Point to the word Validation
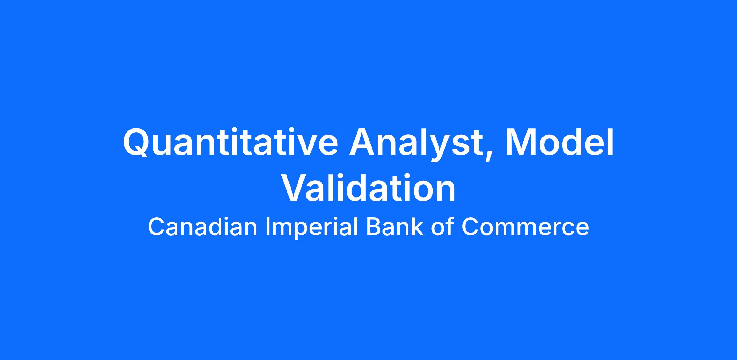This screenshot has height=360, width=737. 368,188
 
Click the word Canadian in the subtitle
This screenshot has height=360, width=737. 203,227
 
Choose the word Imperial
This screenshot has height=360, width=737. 311,228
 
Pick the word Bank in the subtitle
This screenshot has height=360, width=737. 394,227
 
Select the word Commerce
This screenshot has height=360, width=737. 525,227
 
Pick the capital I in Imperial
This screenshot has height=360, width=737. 267,227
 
